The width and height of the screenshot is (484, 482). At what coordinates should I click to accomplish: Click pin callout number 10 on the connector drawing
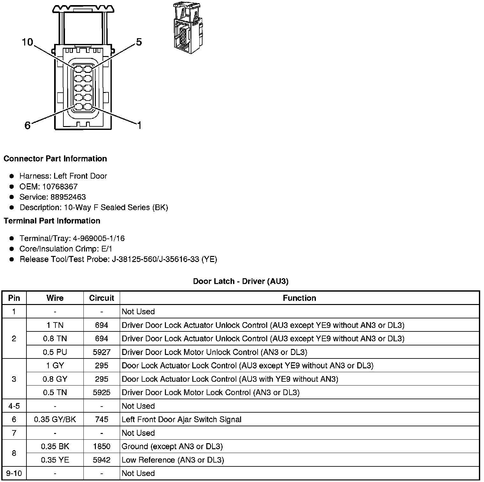27,42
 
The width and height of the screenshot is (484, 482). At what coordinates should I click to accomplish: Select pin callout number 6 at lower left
27,125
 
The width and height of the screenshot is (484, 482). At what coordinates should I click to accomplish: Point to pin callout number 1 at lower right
139,125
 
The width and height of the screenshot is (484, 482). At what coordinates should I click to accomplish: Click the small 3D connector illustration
188,29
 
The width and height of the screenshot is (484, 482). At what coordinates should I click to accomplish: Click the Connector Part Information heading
55,159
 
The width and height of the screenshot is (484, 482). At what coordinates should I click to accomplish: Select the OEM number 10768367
60,187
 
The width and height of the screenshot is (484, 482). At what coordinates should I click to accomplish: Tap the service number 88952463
68,197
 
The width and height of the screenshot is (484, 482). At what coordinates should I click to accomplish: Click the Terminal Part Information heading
52,221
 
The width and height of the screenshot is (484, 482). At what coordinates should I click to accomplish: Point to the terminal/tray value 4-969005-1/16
99,238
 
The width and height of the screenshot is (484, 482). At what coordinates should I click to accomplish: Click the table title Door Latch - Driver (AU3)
241,281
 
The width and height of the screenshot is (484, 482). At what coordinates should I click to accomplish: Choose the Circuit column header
102,298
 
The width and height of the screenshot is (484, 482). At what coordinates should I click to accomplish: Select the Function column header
299,298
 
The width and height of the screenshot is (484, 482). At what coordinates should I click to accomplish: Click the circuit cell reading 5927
102,352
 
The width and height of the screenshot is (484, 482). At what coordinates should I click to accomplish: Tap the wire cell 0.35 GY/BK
55,420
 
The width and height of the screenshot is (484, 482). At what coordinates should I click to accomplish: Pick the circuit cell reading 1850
102,446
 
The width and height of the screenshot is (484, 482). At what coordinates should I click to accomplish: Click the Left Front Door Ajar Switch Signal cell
181,420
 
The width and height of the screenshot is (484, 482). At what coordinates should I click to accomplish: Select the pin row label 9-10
14,473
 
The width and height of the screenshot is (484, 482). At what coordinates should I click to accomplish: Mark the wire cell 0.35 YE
55,460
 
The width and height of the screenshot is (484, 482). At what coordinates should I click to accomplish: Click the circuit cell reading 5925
102,393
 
